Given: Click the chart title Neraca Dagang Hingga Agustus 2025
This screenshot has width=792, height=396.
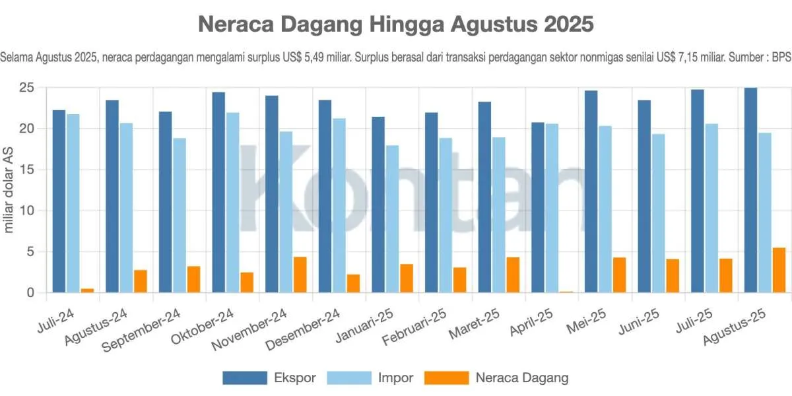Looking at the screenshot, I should pos(396,24).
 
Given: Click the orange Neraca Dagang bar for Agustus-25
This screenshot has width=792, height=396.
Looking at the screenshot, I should pos(779,270).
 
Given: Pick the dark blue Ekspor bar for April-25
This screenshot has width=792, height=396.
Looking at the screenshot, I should pos(538,207).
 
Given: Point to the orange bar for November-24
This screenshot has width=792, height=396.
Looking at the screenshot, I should pos(300,275).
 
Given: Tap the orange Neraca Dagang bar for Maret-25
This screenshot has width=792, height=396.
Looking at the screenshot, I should pos(513,275).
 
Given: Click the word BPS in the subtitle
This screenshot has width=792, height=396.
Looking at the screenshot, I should pos(781,57).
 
